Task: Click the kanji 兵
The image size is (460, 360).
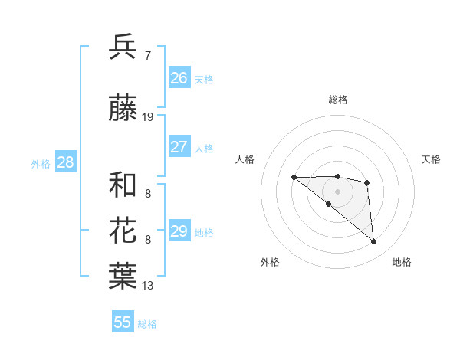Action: point(123,47)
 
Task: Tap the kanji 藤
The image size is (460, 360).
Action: point(123,110)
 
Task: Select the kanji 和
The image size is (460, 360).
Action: point(123,185)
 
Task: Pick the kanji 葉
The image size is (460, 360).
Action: point(123,277)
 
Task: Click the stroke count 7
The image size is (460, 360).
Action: point(147,55)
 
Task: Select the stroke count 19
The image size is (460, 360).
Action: point(148,117)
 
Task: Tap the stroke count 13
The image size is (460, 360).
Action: point(148,286)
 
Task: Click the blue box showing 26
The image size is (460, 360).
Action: point(179,77)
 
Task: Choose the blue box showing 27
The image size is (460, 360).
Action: point(179,147)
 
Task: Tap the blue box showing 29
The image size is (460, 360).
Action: point(179,231)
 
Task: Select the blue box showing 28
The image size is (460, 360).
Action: point(65,162)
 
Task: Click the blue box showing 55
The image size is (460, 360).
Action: point(123,322)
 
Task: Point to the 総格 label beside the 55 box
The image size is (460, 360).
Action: point(148,324)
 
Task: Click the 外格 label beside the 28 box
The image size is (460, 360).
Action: point(41,163)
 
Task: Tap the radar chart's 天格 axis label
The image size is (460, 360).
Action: point(431,159)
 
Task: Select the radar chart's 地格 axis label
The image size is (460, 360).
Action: point(402,262)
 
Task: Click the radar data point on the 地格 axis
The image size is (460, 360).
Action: point(374,242)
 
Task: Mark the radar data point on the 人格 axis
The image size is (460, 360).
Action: point(294,178)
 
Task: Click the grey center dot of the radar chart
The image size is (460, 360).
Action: point(337,191)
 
